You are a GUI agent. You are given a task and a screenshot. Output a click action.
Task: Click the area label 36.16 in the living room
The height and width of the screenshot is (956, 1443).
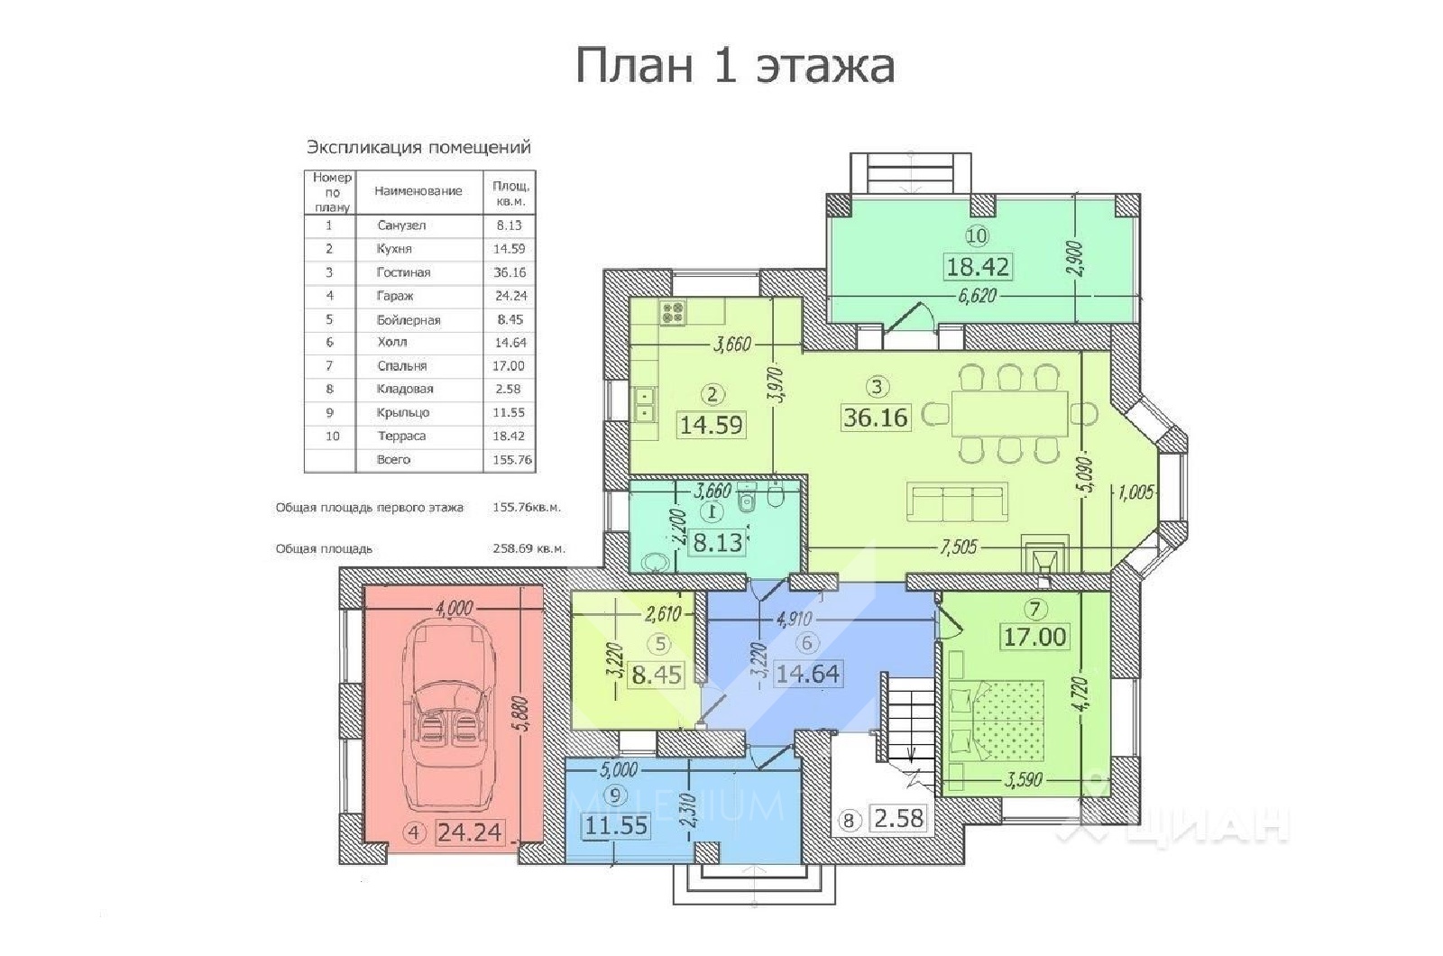[x=876, y=418]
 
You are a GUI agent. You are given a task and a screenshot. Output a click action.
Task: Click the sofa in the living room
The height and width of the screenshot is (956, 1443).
[x=956, y=502]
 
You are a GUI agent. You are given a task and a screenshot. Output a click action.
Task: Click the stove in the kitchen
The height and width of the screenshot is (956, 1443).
[x=673, y=313]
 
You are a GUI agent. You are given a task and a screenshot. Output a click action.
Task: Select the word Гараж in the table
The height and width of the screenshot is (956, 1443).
[x=393, y=296]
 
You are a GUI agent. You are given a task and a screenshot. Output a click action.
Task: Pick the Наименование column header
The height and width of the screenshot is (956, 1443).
[x=418, y=191]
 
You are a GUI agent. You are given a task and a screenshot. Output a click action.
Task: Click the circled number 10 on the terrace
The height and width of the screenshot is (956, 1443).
[x=977, y=236]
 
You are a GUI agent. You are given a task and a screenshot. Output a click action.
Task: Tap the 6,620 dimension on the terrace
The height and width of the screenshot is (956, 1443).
[x=977, y=296]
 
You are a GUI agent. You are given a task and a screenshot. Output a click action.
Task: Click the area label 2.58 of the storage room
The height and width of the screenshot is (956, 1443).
[x=898, y=819]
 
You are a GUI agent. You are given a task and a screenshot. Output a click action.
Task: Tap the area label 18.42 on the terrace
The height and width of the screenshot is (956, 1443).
[x=977, y=267]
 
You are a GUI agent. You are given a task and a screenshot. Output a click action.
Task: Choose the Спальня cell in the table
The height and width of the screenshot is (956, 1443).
[x=401, y=366]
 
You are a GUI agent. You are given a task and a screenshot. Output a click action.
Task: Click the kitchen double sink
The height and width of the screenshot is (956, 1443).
[x=646, y=405]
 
